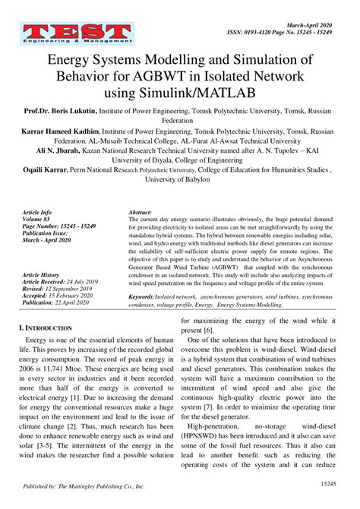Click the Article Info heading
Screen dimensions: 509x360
pos(37,213)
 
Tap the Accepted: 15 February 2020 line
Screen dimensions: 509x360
pos(65,295)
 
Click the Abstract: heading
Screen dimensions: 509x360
pos(141,213)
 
